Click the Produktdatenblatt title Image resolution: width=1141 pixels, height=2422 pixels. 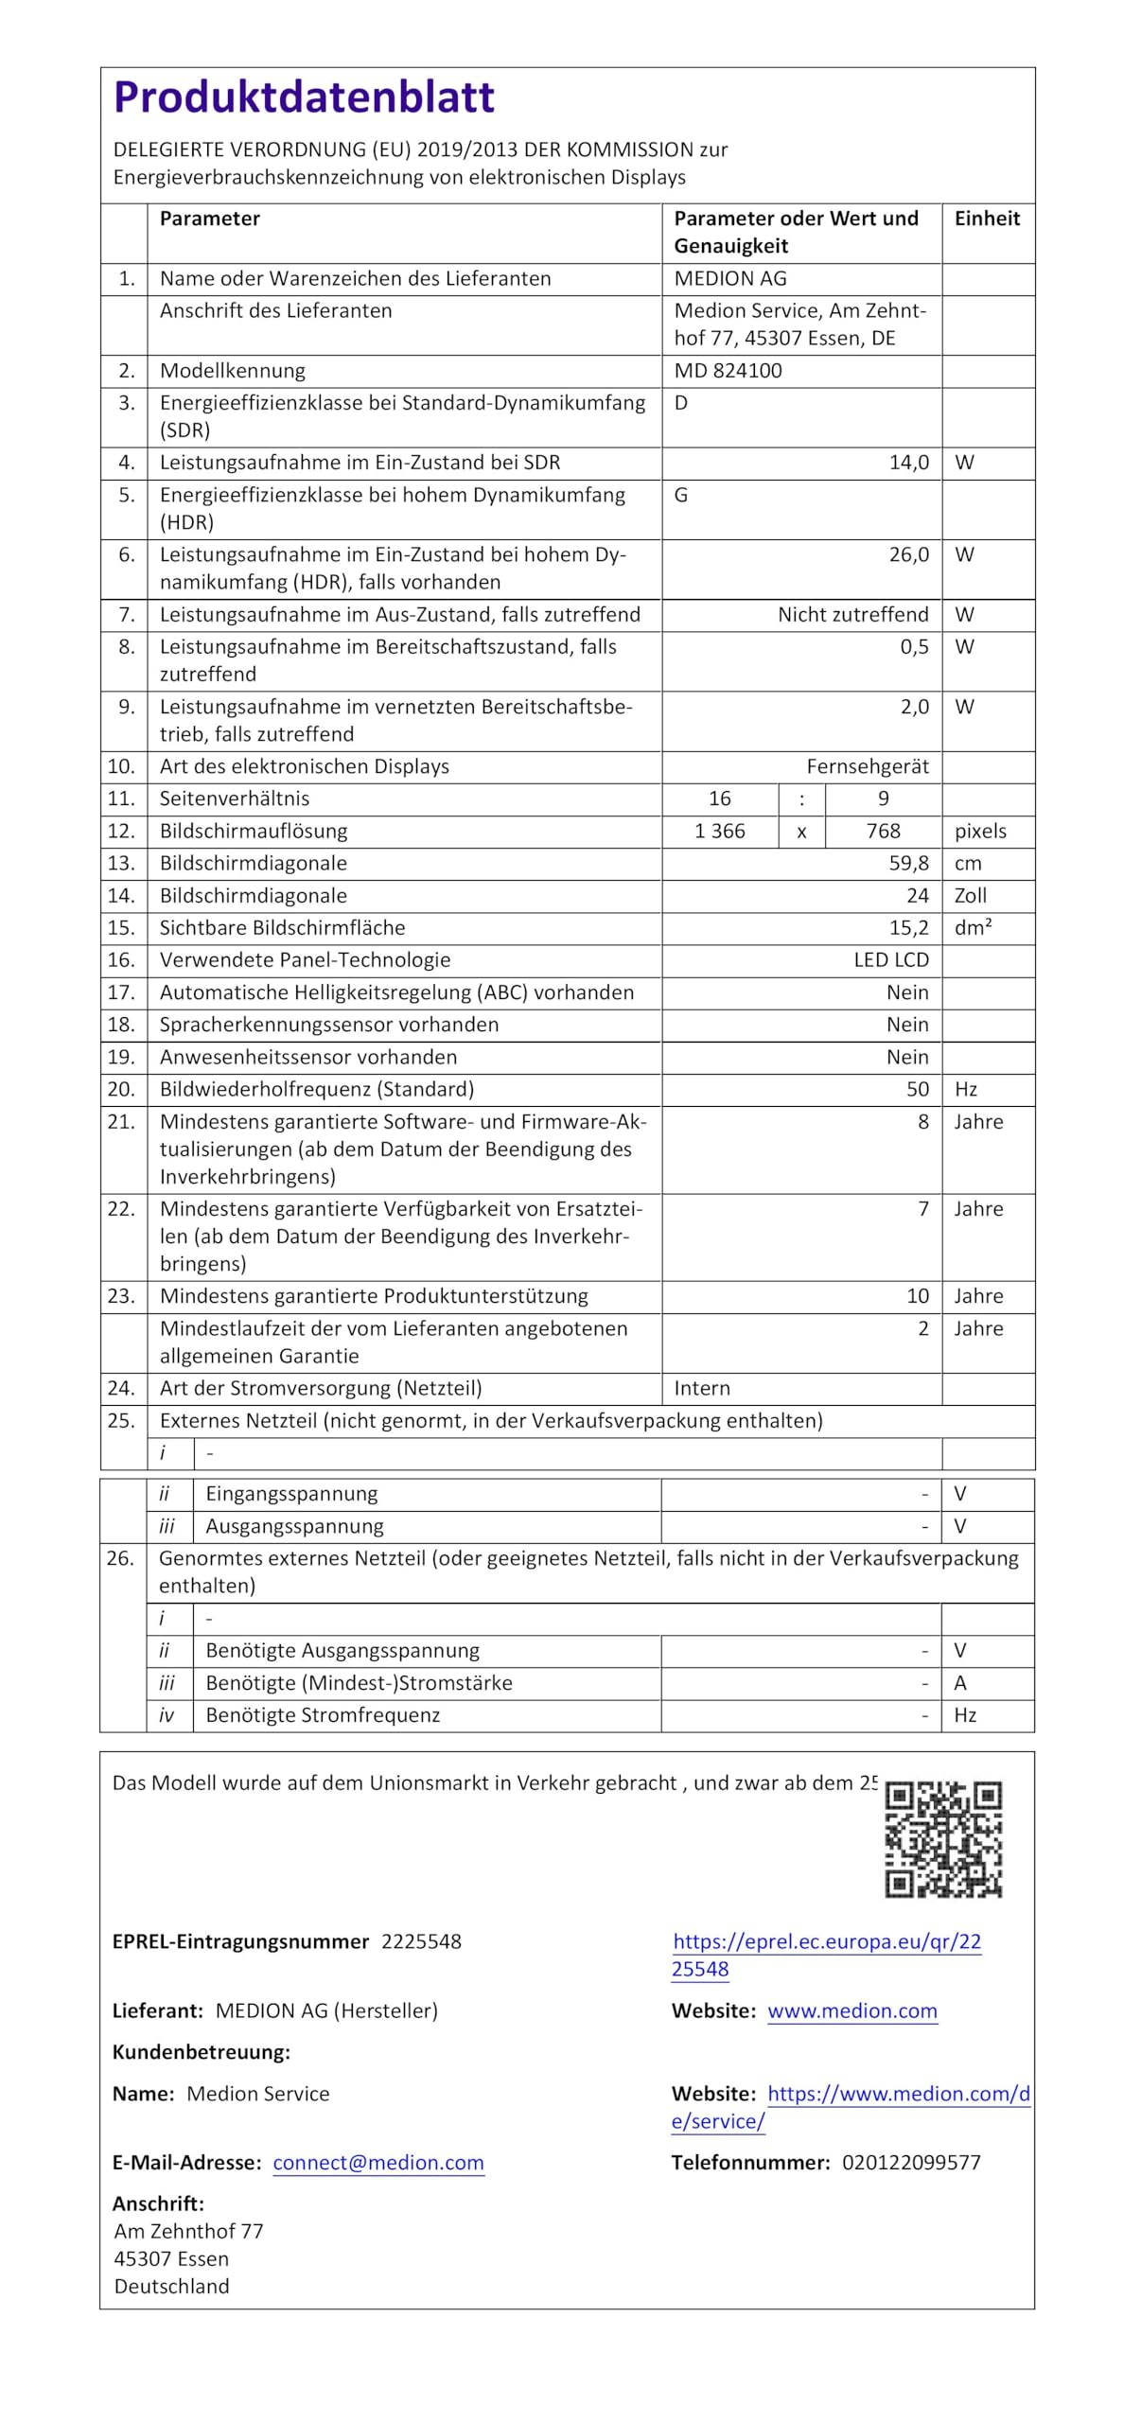(x=304, y=97)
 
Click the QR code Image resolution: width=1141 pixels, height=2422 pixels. (x=942, y=1839)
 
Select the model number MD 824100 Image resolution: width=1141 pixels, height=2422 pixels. (x=728, y=371)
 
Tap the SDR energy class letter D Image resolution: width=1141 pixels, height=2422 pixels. (x=681, y=403)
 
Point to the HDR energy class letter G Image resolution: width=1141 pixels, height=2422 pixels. (x=681, y=495)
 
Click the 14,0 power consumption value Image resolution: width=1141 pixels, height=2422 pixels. (x=908, y=463)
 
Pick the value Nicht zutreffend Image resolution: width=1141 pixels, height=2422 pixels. (x=852, y=615)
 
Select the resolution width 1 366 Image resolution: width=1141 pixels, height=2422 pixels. (x=719, y=831)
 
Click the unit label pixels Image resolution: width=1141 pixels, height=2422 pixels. (x=980, y=831)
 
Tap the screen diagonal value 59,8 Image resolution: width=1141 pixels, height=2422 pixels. (x=908, y=863)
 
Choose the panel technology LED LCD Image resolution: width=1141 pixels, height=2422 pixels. (x=890, y=959)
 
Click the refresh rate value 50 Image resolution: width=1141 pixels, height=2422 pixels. (x=917, y=1089)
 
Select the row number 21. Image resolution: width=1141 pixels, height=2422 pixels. (x=121, y=1122)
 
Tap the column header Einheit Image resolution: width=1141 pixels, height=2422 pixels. (x=987, y=219)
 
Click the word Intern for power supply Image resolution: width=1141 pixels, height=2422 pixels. (x=702, y=1388)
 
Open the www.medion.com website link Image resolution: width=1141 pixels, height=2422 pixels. (x=851, y=2010)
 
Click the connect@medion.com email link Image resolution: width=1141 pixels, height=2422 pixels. (x=378, y=2162)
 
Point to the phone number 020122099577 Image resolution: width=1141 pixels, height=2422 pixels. (x=910, y=2162)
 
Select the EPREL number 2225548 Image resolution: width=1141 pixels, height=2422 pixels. (x=421, y=1941)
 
